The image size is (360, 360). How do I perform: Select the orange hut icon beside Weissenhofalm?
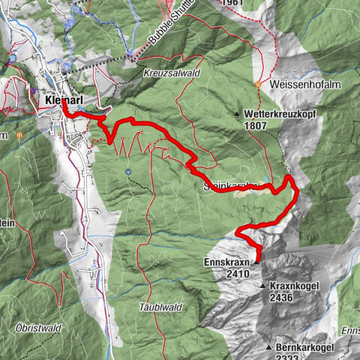[257, 84]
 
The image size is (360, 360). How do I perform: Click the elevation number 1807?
[255, 127]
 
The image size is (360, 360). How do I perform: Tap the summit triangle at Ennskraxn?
[256, 262]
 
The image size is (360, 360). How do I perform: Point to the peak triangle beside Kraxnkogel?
[262, 286]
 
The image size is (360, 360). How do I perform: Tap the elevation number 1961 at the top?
[232, 4]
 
